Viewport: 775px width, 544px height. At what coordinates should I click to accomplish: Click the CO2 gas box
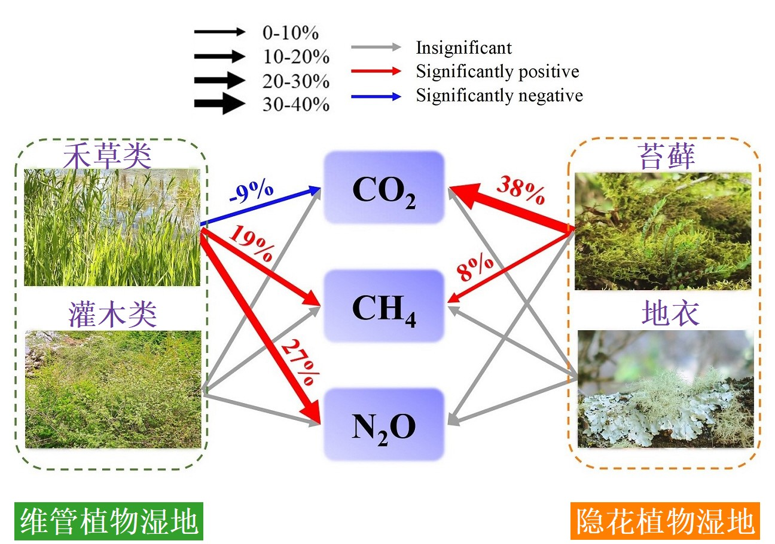(x=384, y=187)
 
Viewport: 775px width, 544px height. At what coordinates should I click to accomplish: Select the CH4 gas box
(x=384, y=306)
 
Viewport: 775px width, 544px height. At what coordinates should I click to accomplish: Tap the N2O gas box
(x=384, y=425)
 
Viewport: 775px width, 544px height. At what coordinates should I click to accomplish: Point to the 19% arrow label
(x=252, y=242)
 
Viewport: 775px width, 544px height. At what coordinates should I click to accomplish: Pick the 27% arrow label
(x=300, y=362)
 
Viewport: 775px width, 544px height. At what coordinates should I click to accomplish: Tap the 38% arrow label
(x=521, y=190)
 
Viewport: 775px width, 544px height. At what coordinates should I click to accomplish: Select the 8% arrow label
(x=475, y=268)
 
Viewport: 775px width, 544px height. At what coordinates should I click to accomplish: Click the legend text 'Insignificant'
(x=463, y=48)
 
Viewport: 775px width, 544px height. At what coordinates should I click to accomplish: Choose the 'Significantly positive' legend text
(x=498, y=72)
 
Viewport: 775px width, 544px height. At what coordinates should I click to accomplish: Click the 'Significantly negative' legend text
(x=499, y=96)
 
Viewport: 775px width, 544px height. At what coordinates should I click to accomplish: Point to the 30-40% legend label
(x=296, y=104)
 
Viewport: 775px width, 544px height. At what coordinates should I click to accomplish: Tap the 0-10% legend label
(x=290, y=33)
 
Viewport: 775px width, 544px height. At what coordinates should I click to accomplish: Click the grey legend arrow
(x=376, y=47)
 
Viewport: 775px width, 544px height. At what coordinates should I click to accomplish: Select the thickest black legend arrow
(x=219, y=103)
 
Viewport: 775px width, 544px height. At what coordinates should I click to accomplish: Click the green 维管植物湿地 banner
(x=109, y=521)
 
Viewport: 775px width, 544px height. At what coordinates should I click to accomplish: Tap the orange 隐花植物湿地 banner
(x=665, y=521)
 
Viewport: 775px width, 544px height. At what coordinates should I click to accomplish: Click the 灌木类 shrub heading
(x=112, y=314)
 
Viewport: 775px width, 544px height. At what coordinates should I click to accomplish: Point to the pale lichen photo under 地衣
(x=666, y=389)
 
